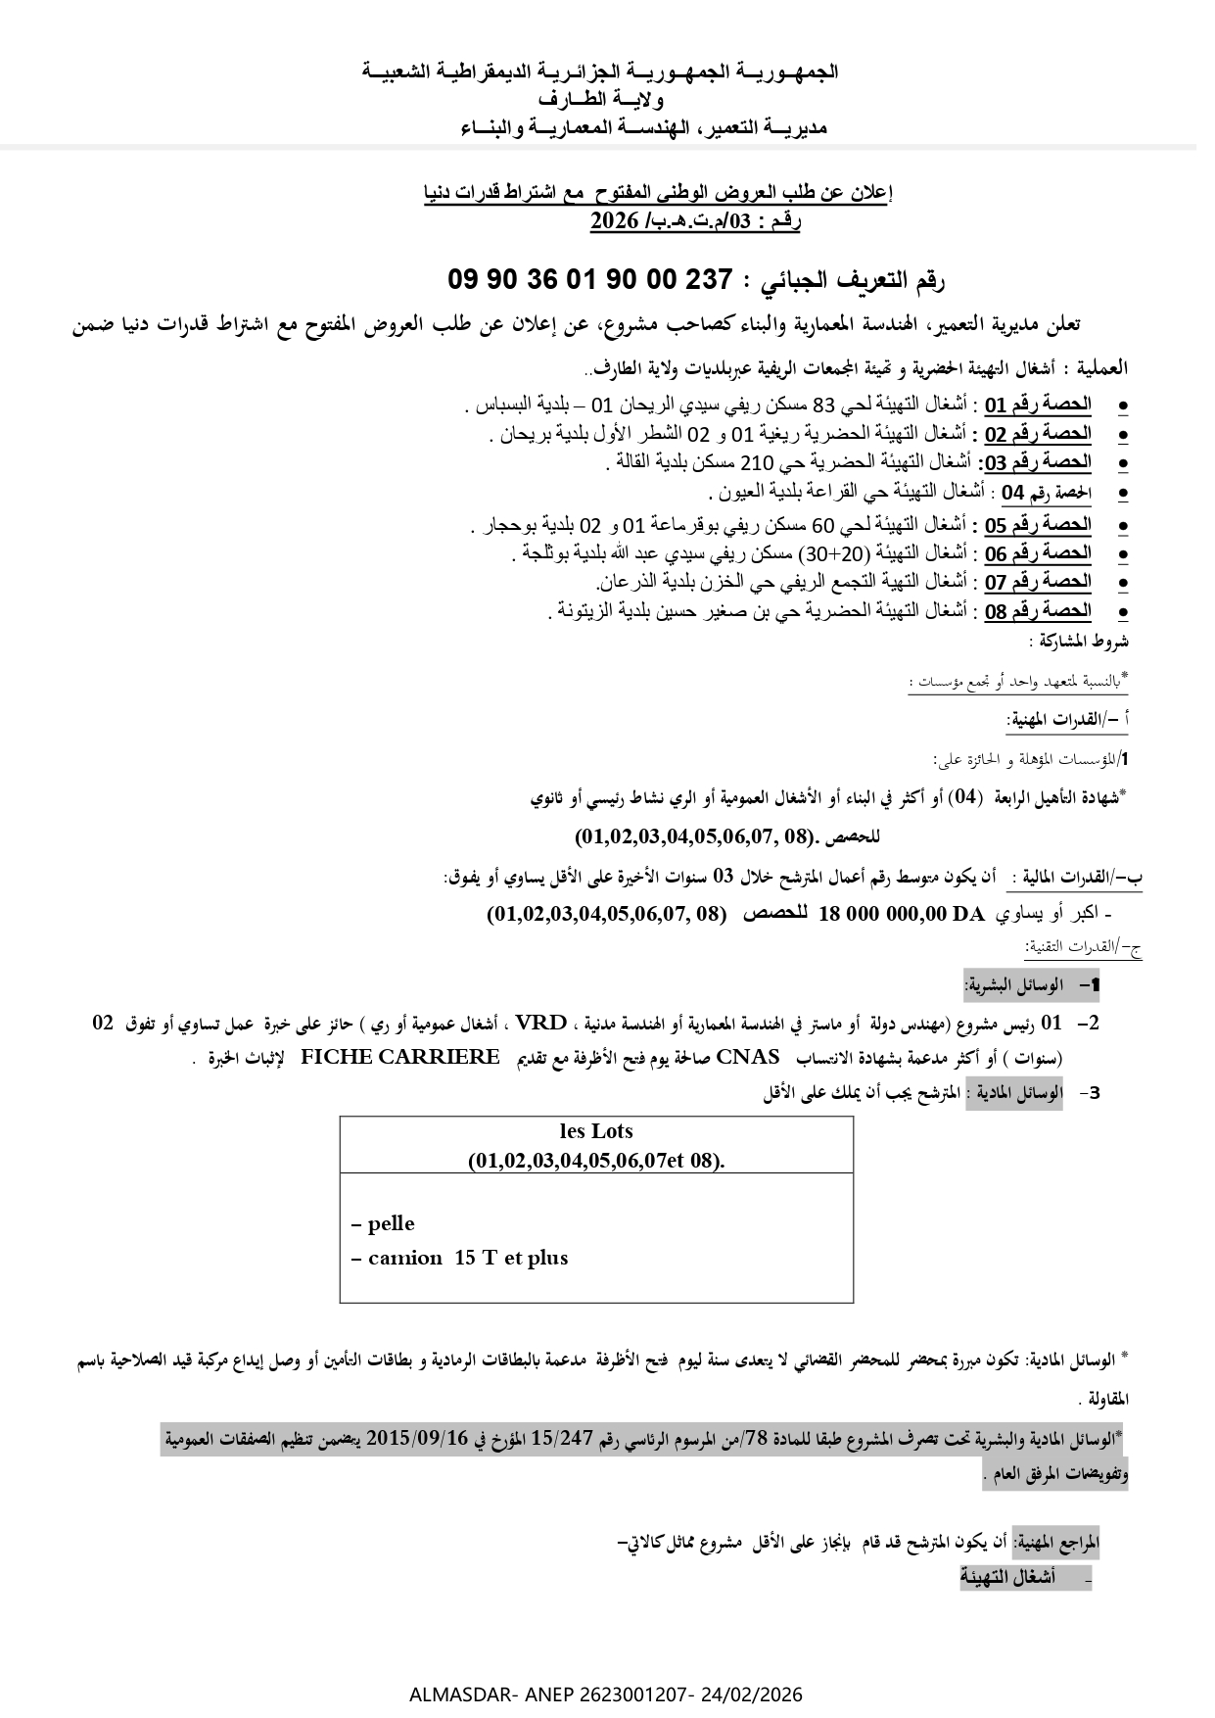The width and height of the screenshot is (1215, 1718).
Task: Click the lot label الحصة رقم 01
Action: [x=1038, y=405]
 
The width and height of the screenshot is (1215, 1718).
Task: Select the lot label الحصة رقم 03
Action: [x=1038, y=462]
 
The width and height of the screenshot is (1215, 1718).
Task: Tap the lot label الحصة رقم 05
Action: [x=1038, y=524]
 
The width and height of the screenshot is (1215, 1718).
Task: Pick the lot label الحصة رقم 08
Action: [x=1038, y=611]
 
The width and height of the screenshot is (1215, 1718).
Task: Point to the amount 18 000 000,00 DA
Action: [x=901, y=914]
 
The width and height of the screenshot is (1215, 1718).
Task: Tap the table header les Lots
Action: [x=596, y=1131]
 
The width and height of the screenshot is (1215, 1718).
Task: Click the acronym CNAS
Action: [x=748, y=1058]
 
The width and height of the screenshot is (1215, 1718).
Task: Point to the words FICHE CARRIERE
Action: [x=400, y=1058]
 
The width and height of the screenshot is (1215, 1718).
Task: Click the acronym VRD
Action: [x=541, y=1025]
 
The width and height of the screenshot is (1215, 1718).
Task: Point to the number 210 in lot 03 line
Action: [x=762, y=462]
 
